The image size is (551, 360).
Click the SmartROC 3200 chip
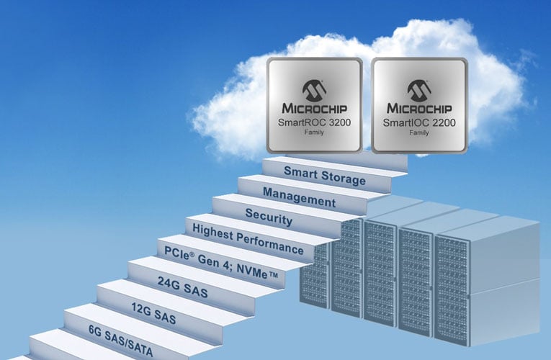click(x=314, y=106)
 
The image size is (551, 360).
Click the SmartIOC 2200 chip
click(x=419, y=106)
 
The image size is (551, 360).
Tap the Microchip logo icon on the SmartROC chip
click(x=314, y=89)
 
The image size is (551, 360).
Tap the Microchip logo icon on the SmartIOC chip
click(x=419, y=89)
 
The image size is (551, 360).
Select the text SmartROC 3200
click(x=314, y=123)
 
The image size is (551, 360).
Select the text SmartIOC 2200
click(x=419, y=123)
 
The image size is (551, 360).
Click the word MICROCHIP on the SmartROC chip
click(x=314, y=108)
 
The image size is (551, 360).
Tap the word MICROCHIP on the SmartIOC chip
click(x=419, y=108)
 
